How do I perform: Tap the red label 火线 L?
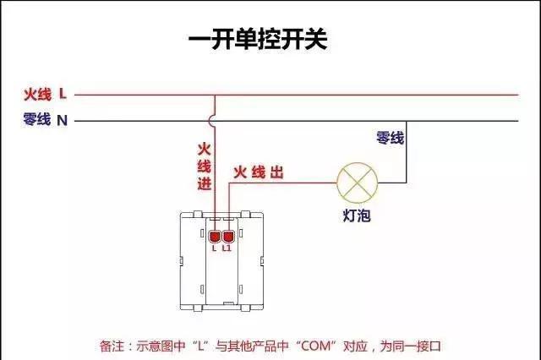click(46, 94)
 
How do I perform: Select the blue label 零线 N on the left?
click(46, 120)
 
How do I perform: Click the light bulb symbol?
click(354, 180)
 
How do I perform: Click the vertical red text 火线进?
click(204, 166)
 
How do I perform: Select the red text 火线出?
click(258, 172)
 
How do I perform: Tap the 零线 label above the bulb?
click(390, 138)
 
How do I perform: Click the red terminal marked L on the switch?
click(215, 235)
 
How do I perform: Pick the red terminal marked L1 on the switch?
click(227, 235)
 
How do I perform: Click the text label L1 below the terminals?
click(227, 248)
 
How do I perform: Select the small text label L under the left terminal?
click(215, 248)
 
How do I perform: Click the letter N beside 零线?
click(62, 120)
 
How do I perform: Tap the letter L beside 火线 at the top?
click(63, 94)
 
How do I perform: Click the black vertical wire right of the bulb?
click(405, 152)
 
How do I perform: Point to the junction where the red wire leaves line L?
click(215, 95)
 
